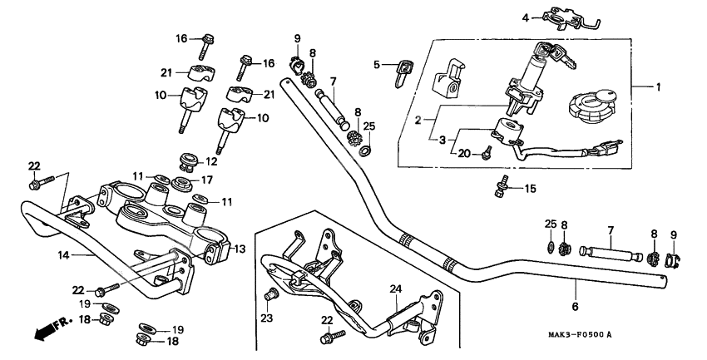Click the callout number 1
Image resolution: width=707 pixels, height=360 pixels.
pyautogui.click(x=659, y=86)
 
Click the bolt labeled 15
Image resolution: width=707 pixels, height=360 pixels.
pyautogui.click(x=501, y=189)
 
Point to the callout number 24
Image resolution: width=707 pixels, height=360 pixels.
pyautogui.click(x=396, y=288)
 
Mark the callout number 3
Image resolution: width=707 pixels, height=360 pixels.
pyautogui.click(x=443, y=140)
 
